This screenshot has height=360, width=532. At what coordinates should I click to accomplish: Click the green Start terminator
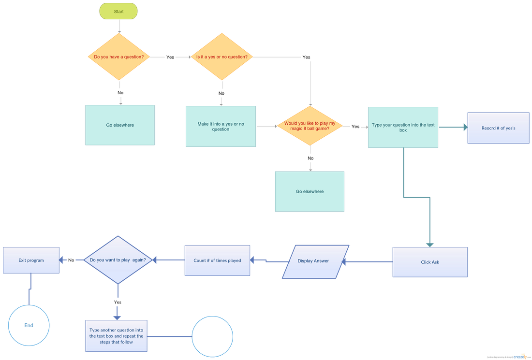click(118, 11)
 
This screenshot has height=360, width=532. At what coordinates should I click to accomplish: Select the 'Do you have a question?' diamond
click(119, 57)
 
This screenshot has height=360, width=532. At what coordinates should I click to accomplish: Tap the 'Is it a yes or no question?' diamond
click(222, 57)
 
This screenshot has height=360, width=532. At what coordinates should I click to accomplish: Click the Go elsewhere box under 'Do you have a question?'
click(120, 125)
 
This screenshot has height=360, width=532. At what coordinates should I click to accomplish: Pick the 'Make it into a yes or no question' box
click(221, 127)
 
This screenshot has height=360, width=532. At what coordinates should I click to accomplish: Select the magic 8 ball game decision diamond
click(310, 126)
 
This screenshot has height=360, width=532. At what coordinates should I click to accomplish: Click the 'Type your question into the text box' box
click(403, 128)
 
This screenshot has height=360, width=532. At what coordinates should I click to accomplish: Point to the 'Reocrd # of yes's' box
click(498, 128)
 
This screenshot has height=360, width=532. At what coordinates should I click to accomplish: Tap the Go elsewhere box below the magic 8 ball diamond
click(310, 191)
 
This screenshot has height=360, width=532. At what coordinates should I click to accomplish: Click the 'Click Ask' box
click(429, 262)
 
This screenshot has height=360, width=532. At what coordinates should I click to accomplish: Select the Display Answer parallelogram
click(313, 261)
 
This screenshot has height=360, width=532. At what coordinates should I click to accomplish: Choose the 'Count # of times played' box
click(217, 261)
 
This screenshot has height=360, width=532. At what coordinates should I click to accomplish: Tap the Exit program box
click(31, 260)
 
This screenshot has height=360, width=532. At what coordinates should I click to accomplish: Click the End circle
click(29, 325)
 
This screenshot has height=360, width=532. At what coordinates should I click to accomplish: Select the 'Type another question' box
click(116, 336)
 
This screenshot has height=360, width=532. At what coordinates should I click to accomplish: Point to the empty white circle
click(212, 336)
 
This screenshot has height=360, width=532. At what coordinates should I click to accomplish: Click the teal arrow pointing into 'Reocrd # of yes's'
click(464, 127)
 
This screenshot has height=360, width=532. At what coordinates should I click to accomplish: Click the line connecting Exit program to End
click(30, 289)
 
